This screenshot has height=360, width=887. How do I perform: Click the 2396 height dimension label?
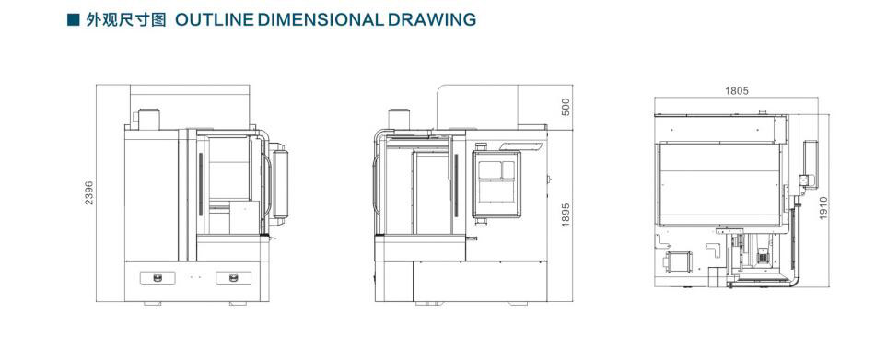(x=89, y=192)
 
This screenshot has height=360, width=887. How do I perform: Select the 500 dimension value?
(x=566, y=107)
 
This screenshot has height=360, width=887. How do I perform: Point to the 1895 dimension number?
(x=566, y=215)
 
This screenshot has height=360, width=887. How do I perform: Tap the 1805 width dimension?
(x=737, y=91)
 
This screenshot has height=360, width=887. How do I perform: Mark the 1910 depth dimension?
(x=823, y=208)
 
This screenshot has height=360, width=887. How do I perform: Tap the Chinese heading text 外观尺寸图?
(x=126, y=19)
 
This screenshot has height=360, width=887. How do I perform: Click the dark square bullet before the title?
(x=73, y=19)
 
